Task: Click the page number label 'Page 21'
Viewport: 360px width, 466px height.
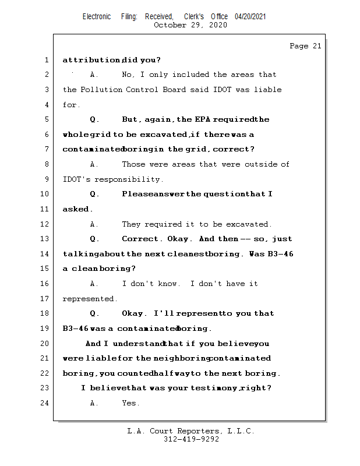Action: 305,46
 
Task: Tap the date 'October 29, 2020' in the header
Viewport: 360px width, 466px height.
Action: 190,25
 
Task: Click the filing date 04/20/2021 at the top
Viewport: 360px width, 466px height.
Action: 250,16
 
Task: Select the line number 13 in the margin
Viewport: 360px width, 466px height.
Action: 46,239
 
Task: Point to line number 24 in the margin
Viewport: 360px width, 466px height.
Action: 46,403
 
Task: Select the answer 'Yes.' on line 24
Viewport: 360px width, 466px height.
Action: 130,403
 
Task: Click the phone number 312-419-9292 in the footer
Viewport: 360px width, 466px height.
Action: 191,440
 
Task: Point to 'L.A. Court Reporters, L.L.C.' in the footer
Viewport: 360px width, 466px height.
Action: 191,431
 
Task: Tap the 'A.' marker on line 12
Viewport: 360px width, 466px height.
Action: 95,224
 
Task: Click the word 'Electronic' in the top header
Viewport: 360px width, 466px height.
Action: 97,16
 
